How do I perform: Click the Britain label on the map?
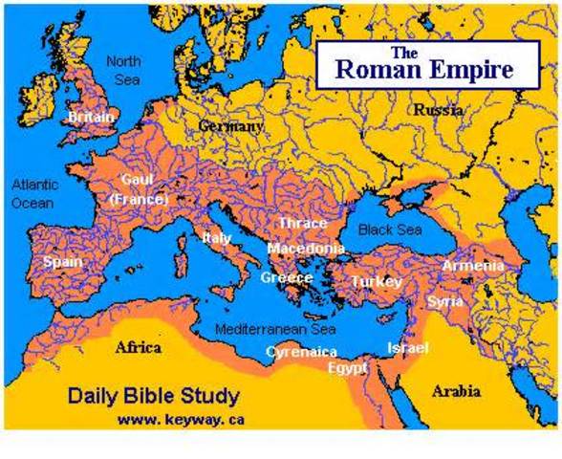[91, 117]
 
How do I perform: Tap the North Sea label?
[123, 70]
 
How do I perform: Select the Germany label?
[230, 126]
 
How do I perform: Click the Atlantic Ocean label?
[35, 193]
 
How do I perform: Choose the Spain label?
[63, 261]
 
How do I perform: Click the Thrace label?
[303, 224]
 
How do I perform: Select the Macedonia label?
[306, 249]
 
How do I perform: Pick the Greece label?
[287, 278]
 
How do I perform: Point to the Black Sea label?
[390, 229]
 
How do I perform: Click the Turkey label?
[376, 281]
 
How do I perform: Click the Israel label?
[407, 348]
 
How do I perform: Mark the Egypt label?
[347, 367]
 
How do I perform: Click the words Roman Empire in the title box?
[422, 69]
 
